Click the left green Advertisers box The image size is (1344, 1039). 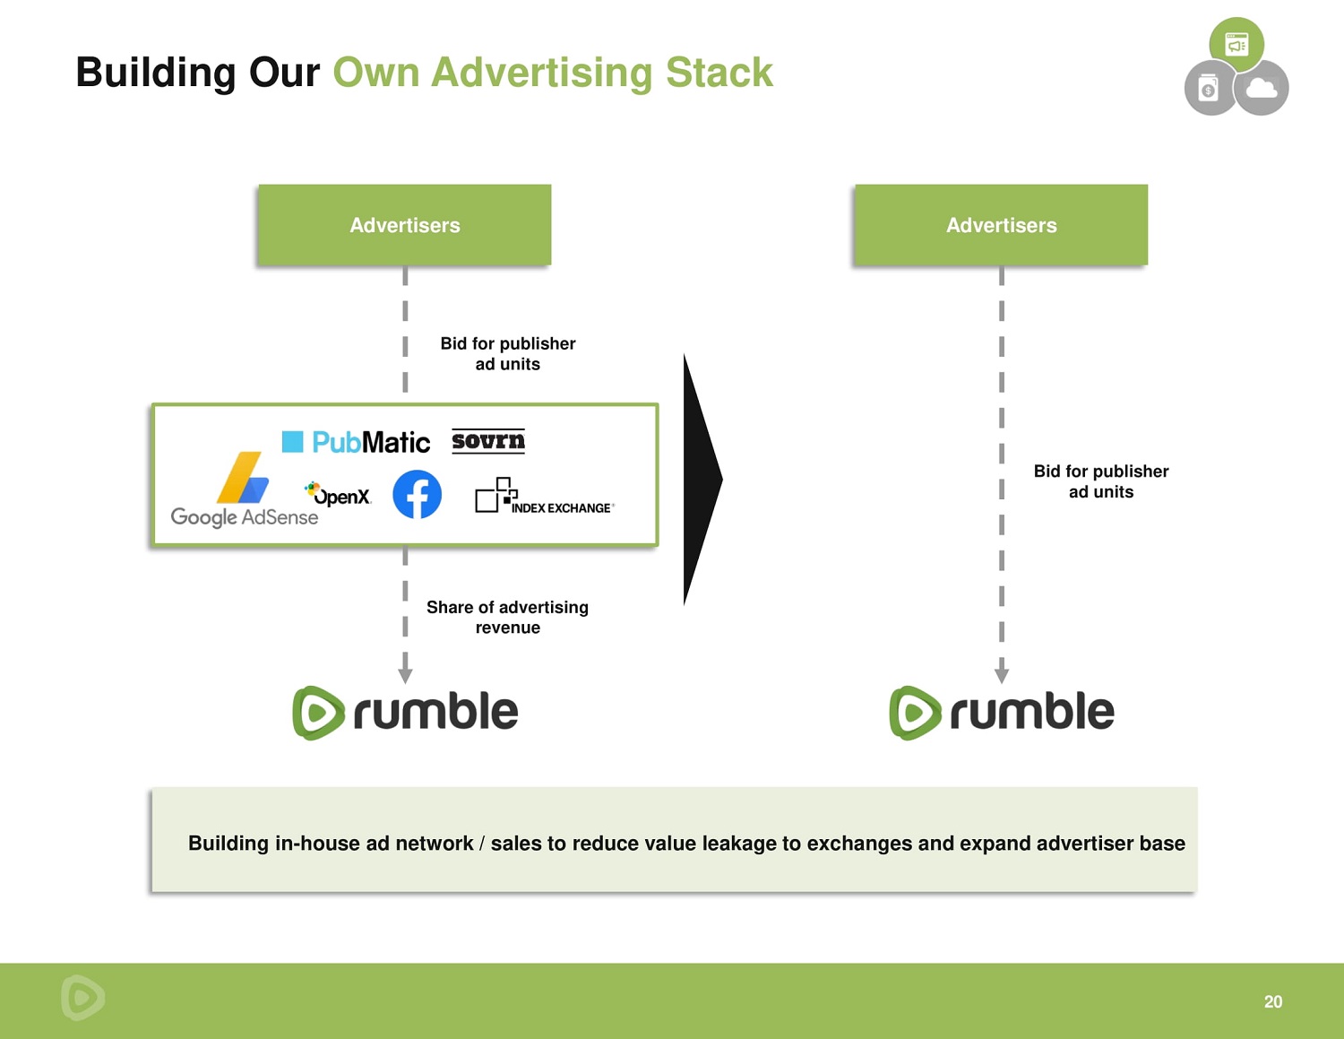pos(404,225)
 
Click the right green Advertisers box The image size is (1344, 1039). pos(1001,225)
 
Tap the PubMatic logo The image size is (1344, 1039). pos(357,442)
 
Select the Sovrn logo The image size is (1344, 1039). pos(487,441)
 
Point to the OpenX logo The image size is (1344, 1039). pos(339,495)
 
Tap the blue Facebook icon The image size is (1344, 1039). pos(417,494)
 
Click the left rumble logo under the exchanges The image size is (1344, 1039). pos(405,713)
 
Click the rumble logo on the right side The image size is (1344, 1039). pos(1001,713)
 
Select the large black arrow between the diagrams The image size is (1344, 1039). pos(701,480)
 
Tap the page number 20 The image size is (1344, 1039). pos(1272,1001)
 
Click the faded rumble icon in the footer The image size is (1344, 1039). pos(82,997)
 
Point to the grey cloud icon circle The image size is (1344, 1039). pos(1262,88)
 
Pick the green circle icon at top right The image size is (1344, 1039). pos(1236,44)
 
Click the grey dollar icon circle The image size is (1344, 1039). pos(1209,89)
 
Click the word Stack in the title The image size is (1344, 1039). pos(719,73)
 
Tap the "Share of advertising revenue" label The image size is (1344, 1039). pos(507,617)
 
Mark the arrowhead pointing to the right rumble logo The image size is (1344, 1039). pos(1001,674)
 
